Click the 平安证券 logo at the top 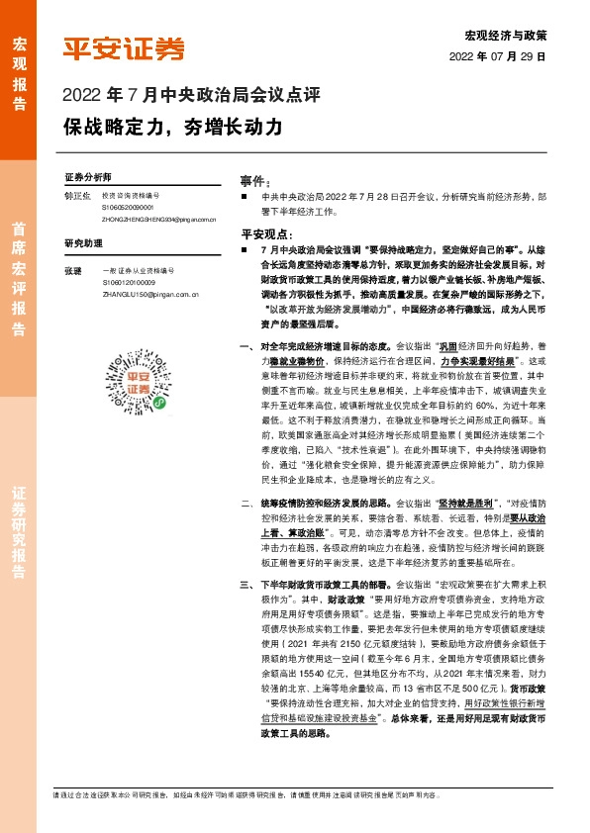(124, 49)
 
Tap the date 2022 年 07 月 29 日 (505, 56)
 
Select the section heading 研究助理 (83, 243)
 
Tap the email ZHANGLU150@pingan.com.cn (151, 294)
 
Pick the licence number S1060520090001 (127, 209)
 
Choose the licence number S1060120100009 (128, 282)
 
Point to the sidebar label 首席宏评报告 (19, 268)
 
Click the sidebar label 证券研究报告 (19, 528)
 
